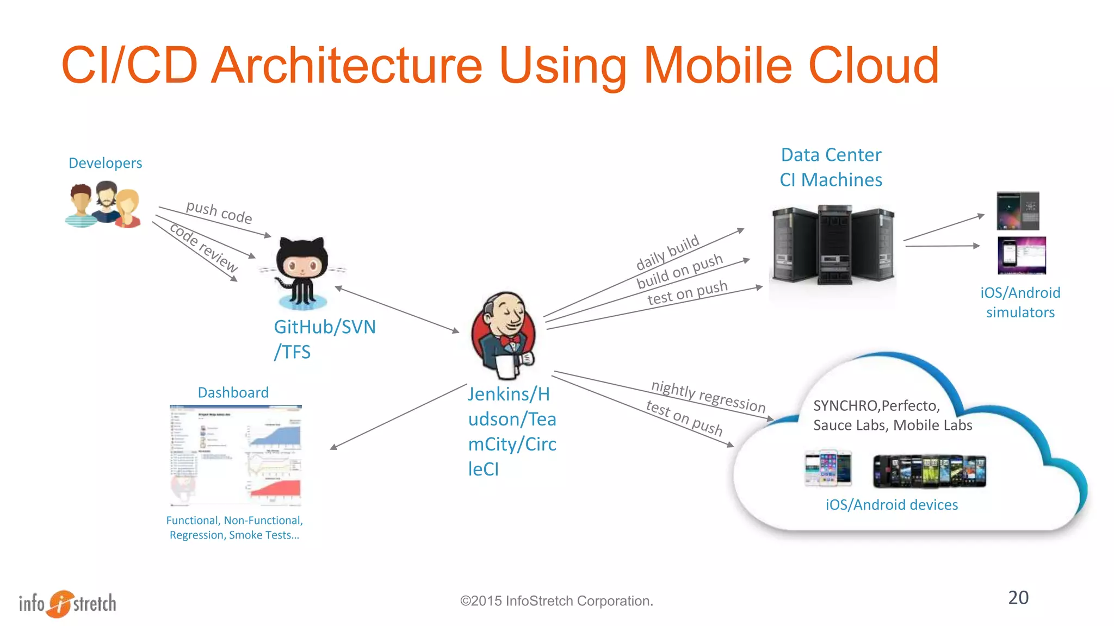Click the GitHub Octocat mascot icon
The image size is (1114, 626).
point(302,271)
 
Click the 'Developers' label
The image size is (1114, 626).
point(105,163)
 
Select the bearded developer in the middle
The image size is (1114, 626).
point(106,202)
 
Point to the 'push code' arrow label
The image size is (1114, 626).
point(219,212)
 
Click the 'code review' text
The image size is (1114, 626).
point(203,247)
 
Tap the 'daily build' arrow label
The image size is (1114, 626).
point(667,252)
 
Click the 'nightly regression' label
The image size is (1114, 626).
point(708,396)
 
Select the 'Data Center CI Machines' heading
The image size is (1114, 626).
point(831,167)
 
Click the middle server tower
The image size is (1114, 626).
point(835,245)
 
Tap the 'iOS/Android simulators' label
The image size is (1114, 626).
point(1020,302)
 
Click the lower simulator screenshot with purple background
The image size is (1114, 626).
point(1022,255)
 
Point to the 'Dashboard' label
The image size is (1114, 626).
point(233,392)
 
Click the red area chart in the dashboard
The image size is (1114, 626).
point(275,489)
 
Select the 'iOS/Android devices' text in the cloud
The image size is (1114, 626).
point(892,505)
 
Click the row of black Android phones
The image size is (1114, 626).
point(929,471)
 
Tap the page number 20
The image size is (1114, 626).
point(1018,597)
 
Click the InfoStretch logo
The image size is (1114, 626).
point(67,603)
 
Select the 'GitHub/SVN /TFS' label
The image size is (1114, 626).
point(324,339)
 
